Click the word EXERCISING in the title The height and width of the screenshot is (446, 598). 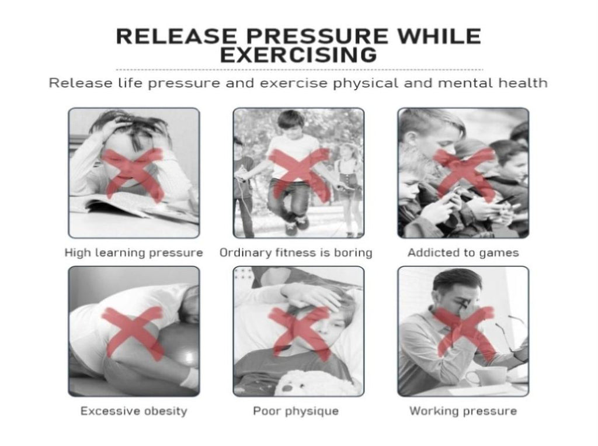click(298, 55)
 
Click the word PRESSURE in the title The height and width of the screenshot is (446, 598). click(317, 36)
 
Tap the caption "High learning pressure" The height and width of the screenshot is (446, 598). click(134, 253)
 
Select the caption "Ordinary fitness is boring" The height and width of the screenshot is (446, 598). click(296, 253)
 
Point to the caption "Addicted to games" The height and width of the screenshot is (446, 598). click(463, 253)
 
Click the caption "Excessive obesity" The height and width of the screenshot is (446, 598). click(134, 411)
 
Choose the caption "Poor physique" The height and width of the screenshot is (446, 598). click(296, 411)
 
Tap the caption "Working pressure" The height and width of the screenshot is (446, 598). click(463, 411)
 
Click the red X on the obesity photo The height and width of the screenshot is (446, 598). click(133, 334)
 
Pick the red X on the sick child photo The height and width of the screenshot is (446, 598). click(298, 334)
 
